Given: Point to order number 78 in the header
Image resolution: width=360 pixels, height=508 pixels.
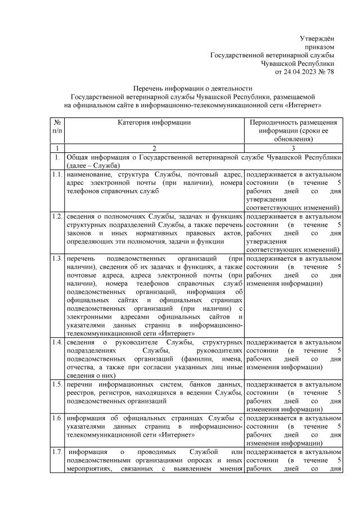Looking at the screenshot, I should point(330,72).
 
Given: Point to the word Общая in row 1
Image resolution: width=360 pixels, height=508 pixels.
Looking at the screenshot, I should point(78,157).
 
